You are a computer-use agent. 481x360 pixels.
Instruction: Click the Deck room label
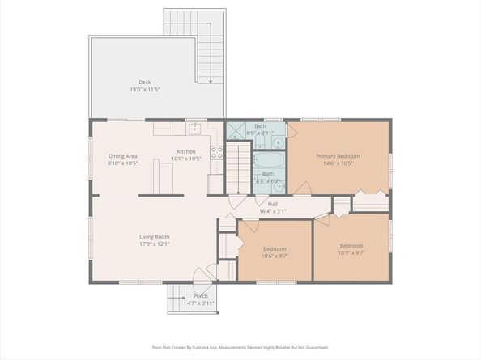pyautogui.click(x=144, y=82)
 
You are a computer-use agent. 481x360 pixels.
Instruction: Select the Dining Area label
pyautogui.click(x=123, y=156)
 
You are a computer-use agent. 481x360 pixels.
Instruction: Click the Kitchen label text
pyautogui.click(x=186, y=152)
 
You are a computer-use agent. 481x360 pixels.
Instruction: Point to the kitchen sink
pyautogui.click(x=194, y=128)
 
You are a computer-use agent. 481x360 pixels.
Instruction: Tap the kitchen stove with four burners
pyautogui.click(x=216, y=150)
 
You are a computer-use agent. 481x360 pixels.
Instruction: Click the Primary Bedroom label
pyautogui.click(x=338, y=156)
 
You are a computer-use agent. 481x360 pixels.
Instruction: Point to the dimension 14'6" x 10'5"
pyautogui.click(x=338, y=163)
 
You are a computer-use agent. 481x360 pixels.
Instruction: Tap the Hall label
pyautogui.click(x=273, y=204)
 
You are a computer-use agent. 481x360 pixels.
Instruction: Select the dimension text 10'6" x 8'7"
pyautogui.click(x=275, y=256)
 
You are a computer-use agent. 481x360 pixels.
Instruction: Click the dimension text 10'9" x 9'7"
pyautogui.click(x=351, y=252)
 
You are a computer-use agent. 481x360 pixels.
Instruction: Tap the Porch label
pyautogui.click(x=200, y=296)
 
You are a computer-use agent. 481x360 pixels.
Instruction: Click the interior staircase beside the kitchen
pyautogui.click(x=237, y=167)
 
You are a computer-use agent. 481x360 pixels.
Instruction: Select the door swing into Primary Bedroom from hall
pyautogui.click(x=302, y=188)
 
